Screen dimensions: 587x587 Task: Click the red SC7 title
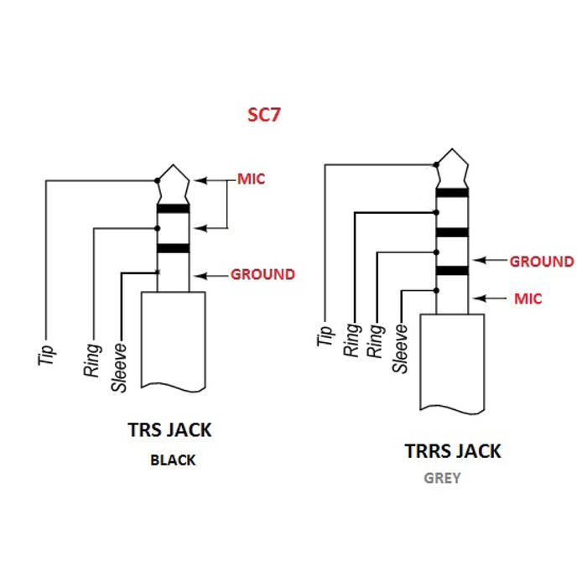(x=263, y=115)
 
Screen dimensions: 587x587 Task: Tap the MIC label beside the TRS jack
(x=252, y=179)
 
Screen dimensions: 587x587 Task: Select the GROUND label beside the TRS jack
(x=262, y=274)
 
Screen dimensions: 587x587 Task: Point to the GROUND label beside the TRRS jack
(x=542, y=262)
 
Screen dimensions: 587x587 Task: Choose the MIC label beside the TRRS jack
(x=527, y=299)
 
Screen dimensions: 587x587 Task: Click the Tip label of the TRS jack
(x=47, y=355)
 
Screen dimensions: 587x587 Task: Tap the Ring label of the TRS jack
(x=92, y=358)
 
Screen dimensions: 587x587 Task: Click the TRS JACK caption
(x=169, y=430)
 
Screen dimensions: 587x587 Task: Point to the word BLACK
(x=173, y=460)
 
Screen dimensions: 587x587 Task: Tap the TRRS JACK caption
(x=453, y=451)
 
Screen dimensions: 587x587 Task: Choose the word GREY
(x=442, y=480)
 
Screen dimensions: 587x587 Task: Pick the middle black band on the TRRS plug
(x=452, y=231)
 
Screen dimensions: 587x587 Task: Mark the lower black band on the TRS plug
(x=173, y=248)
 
